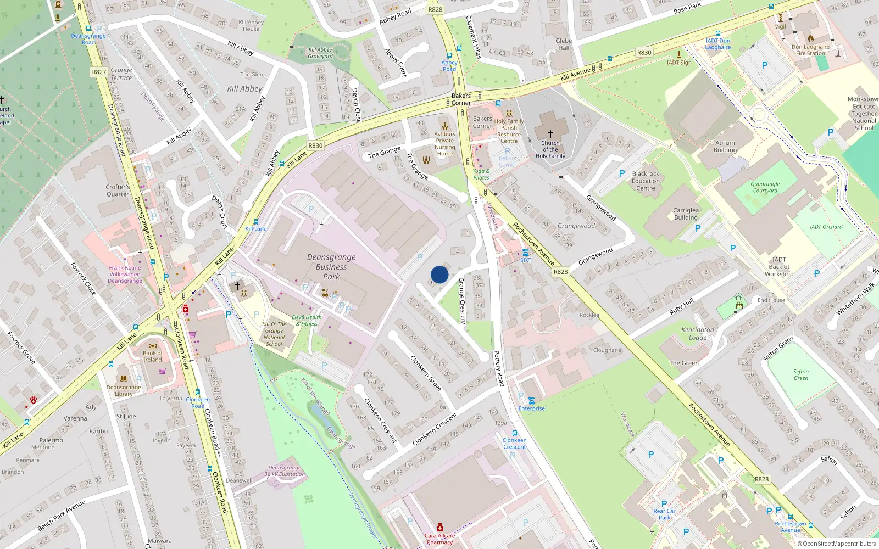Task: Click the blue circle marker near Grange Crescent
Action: [439, 274]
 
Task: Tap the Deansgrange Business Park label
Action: [331, 267]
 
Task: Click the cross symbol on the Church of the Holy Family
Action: [550, 133]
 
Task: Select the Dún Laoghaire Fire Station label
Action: [810, 50]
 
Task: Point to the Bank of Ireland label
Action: [152, 356]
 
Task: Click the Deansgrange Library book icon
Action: [124, 378]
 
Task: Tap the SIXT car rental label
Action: [526, 260]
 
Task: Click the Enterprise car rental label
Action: [531, 408]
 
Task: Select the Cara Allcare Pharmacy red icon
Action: [439, 527]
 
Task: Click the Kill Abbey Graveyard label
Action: [320, 53]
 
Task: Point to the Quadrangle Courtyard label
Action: [765, 187]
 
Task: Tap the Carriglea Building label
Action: [686, 214]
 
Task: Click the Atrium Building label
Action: [725, 146]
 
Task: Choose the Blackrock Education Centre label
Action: [646, 181]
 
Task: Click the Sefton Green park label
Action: [800, 374]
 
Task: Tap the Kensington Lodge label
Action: [698, 333]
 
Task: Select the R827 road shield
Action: [99, 72]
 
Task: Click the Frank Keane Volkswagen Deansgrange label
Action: [125, 274]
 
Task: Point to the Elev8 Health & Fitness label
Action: [307, 320]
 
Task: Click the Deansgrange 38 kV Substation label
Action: [285, 471]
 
